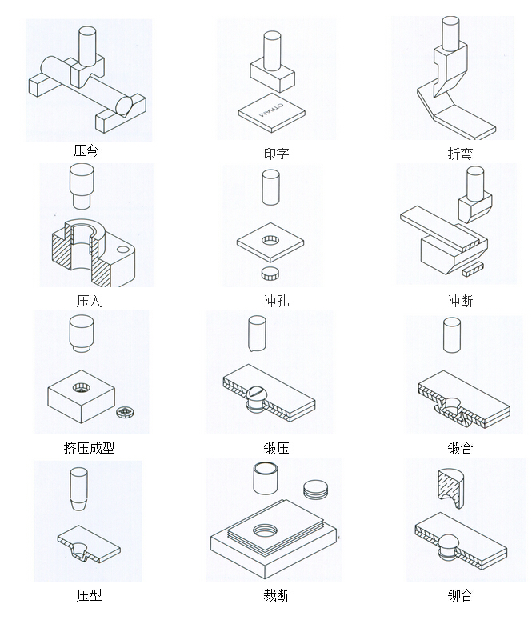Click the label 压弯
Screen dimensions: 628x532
(86, 150)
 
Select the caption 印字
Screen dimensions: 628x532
(276, 154)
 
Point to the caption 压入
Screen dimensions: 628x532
(89, 302)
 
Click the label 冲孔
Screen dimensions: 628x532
(276, 302)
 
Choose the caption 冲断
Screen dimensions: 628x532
(460, 302)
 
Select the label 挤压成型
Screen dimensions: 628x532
(89, 448)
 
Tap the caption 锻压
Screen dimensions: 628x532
(276, 448)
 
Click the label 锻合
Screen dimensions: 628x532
(460, 448)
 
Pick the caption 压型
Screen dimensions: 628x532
(89, 595)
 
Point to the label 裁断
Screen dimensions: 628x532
(276, 595)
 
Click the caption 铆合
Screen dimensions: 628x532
(460, 595)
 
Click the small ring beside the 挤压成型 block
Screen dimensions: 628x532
(123, 413)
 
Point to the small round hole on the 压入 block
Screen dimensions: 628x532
(122, 250)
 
